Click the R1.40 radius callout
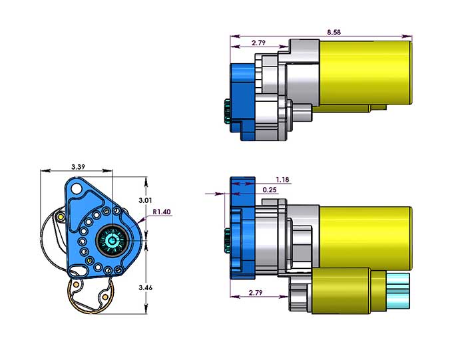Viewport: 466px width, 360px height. [162, 212]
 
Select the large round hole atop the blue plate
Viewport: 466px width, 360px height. [77, 188]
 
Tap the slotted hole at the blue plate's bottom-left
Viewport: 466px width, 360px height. [78, 270]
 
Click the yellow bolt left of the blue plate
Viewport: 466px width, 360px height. [61, 216]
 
